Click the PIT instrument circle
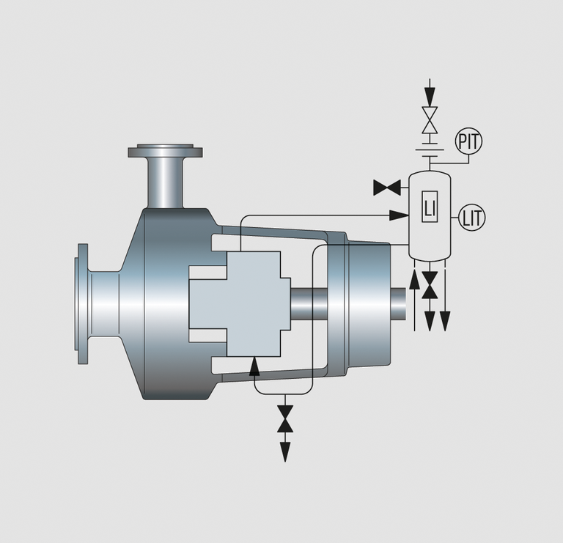pos(468,141)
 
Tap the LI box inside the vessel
pos(430,208)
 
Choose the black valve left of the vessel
pos(385,188)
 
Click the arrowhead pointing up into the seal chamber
pos(254,364)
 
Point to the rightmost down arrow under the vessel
pos(444,317)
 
